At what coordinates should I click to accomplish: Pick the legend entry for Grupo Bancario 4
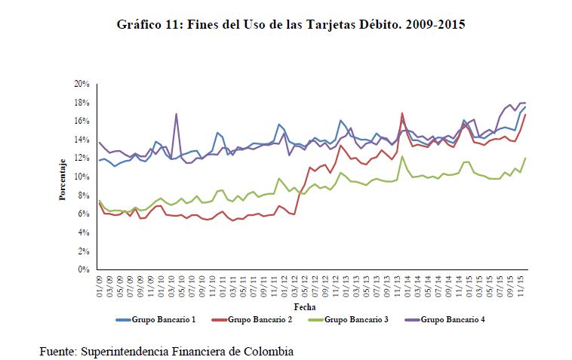click(452, 320)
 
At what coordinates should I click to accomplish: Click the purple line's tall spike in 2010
click(176, 114)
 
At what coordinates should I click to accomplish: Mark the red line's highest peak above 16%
click(402, 113)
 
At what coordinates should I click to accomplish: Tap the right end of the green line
click(525, 158)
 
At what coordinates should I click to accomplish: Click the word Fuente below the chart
click(57, 351)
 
